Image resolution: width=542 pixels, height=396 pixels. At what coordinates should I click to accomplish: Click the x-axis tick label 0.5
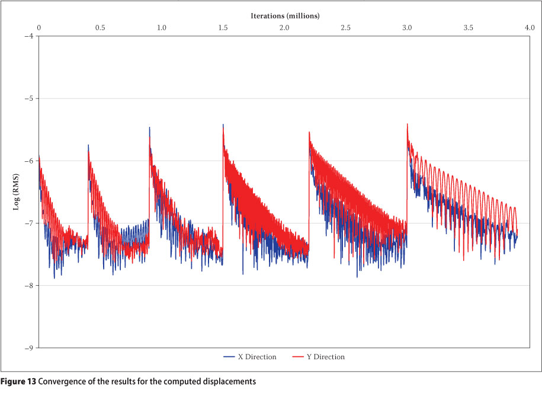100,28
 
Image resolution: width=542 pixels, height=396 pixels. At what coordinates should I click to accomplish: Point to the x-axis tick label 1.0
162,28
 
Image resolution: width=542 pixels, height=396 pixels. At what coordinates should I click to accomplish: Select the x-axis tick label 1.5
223,28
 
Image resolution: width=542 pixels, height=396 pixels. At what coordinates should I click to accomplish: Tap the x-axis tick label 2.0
284,28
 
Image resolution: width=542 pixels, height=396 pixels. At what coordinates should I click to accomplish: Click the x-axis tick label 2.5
346,28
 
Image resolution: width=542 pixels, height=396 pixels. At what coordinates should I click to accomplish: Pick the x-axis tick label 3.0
407,28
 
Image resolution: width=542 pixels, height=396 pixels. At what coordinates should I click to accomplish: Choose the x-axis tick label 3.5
469,28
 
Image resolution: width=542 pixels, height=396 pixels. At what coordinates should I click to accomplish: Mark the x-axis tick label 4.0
530,28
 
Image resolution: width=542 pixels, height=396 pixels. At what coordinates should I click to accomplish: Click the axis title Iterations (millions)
284,16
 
